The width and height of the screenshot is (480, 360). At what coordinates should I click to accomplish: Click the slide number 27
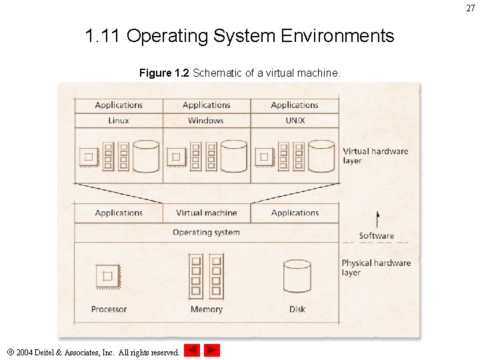click(471, 8)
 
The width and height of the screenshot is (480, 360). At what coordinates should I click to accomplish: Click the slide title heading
click(239, 35)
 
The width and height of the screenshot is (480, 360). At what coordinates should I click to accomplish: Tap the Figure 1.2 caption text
click(239, 73)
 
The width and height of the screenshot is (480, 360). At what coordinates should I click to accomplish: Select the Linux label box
click(119, 121)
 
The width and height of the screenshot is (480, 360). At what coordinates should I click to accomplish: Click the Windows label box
click(206, 121)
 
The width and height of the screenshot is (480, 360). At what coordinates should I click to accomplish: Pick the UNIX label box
click(295, 121)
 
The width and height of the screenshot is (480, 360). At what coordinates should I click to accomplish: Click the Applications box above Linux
click(119, 105)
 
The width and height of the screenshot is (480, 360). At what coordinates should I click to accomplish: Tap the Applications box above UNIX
click(295, 105)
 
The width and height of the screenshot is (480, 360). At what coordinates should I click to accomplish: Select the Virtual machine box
click(206, 213)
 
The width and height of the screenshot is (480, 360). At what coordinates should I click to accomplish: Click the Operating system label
click(206, 232)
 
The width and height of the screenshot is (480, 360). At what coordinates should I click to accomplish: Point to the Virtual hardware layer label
click(375, 155)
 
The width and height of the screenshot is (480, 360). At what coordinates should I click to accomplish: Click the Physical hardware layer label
click(375, 267)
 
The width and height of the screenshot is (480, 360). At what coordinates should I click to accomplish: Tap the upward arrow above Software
click(377, 219)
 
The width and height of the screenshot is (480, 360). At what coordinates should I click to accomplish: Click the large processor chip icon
click(107, 275)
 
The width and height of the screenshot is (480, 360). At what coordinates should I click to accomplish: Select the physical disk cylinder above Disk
click(297, 275)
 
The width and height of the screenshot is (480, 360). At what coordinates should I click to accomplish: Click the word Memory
click(206, 309)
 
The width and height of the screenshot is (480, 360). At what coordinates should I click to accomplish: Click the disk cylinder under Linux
click(147, 156)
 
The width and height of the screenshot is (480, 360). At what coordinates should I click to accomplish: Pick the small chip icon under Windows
click(175, 157)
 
